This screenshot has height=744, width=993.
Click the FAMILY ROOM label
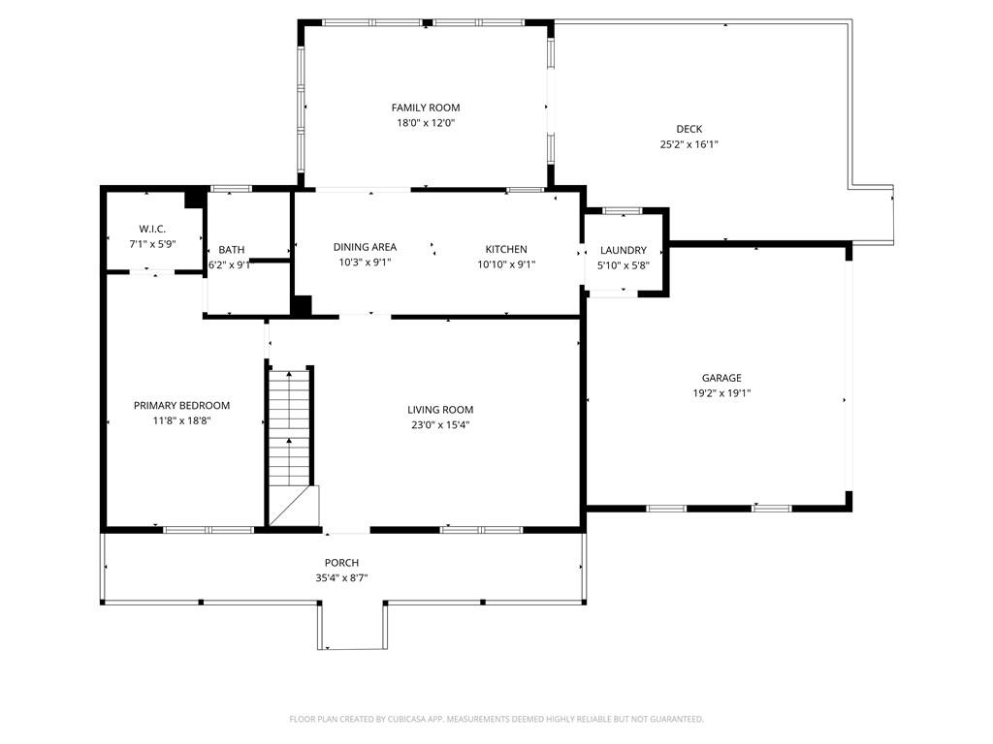point(425,108)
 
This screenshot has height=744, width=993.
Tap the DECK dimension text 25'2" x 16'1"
point(689,144)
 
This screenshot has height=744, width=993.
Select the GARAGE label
point(721,378)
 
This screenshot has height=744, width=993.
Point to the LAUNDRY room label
point(623,250)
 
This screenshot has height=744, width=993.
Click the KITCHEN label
point(506,249)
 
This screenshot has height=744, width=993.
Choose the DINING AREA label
point(365,247)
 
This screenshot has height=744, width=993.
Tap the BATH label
point(231,250)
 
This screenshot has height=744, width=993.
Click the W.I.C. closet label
point(152,229)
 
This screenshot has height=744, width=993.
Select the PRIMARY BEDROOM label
point(181,405)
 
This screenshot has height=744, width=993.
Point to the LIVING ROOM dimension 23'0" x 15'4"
point(440,424)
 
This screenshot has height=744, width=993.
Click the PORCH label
point(341,563)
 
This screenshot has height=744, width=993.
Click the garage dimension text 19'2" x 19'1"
point(721,393)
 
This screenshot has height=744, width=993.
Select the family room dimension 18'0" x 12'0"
point(425,123)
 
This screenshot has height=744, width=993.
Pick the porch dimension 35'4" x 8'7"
point(341,577)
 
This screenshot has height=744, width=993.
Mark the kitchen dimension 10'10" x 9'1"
point(506,263)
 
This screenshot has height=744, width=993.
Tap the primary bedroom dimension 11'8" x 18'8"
point(181,420)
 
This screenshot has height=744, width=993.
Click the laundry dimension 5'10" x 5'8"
point(623,264)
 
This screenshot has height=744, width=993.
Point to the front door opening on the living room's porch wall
point(346,530)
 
